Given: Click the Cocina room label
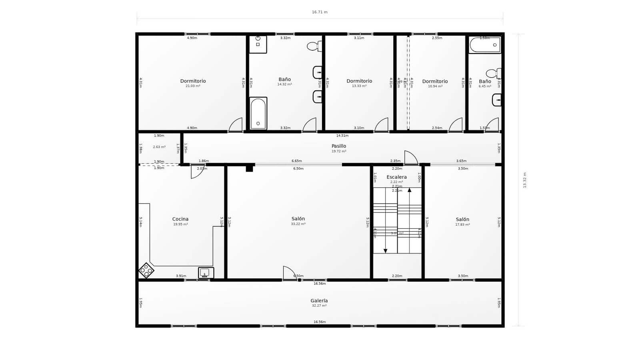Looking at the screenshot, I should (180, 219).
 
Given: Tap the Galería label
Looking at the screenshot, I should (319, 300).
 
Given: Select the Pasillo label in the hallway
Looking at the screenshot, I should (338, 146).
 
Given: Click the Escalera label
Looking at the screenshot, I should (396, 177).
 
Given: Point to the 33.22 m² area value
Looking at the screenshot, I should (298, 224).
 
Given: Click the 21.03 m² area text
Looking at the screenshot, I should (193, 86).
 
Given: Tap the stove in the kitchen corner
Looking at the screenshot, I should (146, 270).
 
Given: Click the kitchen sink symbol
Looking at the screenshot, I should (206, 273).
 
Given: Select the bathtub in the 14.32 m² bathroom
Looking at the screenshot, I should (258, 113).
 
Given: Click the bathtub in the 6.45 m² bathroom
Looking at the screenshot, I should (484, 45).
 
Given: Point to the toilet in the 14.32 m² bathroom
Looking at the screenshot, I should (314, 46).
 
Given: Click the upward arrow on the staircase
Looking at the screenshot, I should (409, 190).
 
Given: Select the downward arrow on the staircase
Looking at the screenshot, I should (385, 250).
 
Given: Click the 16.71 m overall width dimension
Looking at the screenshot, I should (320, 12).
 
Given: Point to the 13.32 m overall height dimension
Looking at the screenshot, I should (525, 180).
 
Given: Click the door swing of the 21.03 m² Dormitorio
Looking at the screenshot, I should (236, 125).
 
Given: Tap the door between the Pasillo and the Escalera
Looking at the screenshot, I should (410, 158).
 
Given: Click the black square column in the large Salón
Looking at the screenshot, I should (249, 168).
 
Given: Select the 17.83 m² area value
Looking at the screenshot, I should (462, 224).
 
